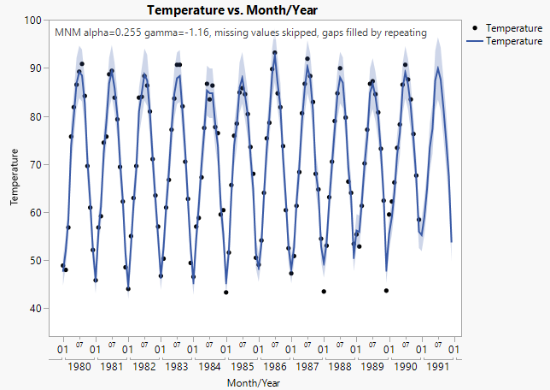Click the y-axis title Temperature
15,177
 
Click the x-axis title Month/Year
255,382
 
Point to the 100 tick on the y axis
37,20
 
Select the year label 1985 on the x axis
242,366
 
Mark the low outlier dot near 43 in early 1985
225,292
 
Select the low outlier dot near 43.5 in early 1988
324,292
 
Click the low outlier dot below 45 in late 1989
386,291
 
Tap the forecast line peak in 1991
438,68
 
